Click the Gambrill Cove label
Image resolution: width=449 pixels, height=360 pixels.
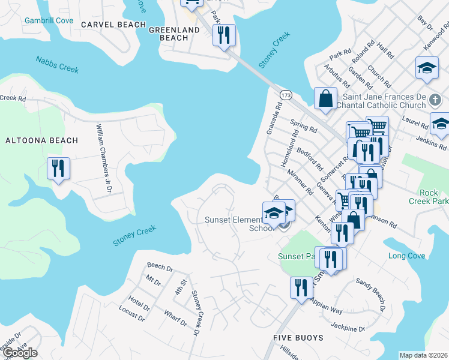click(x=49, y=20)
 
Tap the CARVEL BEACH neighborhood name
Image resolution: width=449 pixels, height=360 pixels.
click(x=113, y=25)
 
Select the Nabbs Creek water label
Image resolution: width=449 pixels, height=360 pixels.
click(x=57, y=64)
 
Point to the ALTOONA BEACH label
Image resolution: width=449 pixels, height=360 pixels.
click(x=41, y=140)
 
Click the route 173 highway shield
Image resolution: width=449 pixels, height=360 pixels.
click(x=285, y=95)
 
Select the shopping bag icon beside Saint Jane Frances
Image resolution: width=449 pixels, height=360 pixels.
click(x=325, y=100)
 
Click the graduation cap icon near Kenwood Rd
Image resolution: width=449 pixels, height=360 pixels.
click(x=427, y=70)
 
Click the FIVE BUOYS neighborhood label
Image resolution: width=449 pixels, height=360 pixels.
click(x=299, y=338)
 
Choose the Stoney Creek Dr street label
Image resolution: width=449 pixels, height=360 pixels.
click(x=195, y=313)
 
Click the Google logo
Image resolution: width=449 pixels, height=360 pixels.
click(x=19, y=352)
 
